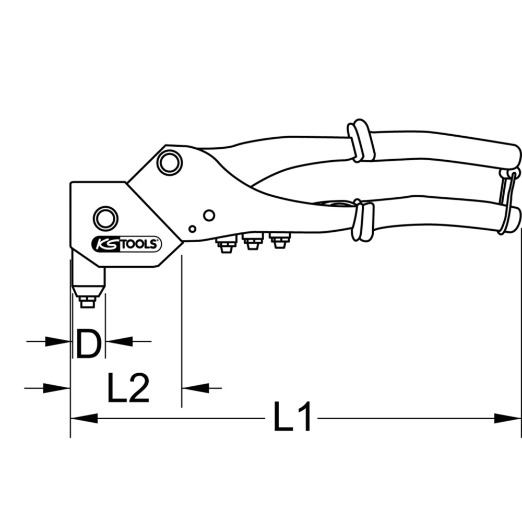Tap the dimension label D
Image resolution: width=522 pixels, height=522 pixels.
point(88,343)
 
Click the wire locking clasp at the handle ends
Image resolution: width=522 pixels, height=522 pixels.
point(507,201)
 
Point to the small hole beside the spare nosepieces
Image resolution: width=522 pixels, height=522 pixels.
point(193,229)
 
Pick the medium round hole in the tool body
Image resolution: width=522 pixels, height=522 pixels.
point(209,215)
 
